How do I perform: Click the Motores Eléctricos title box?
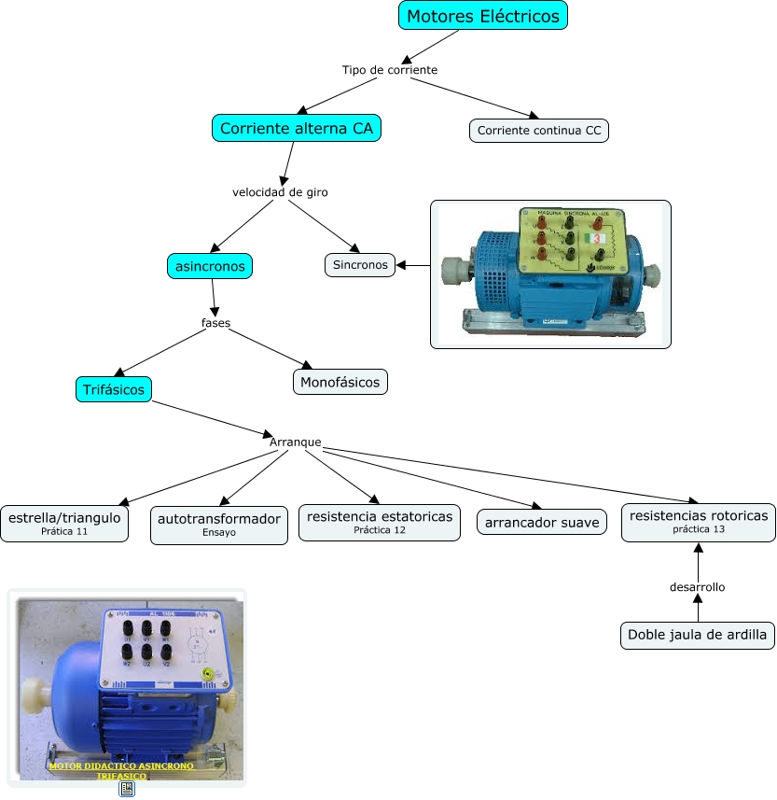coord(483,16)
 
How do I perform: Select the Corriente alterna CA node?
coord(297,128)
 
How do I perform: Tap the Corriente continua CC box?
coord(539,131)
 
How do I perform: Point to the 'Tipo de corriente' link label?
coord(389,70)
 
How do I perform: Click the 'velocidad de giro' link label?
coord(280,192)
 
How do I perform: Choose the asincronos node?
coord(210,266)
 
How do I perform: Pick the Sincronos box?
coord(360,264)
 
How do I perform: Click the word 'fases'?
coord(215,323)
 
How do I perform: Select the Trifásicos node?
coord(114,389)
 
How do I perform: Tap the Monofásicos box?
coord(340,381)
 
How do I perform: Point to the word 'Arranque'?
coord(295,441)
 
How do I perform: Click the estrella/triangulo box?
coord(64,522)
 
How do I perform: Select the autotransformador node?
coord(219,524)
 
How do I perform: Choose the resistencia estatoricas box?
coord(379,522)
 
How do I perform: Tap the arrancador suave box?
coord(542,523)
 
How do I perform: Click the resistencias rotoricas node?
coord(698,521)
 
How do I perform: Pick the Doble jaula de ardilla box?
coord(698,635)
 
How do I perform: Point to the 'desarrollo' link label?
coord(697,587)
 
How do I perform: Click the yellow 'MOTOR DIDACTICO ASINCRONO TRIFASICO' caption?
coord(121,770)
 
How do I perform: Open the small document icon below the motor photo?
coord(127,789)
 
